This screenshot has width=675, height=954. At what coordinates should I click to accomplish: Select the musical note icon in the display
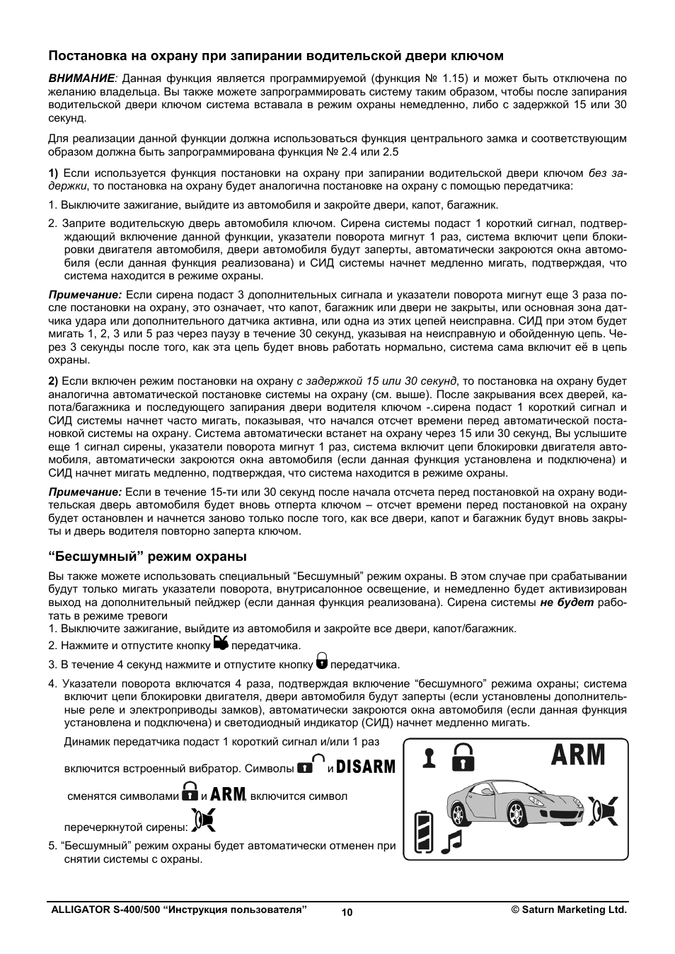pyautogui.click(x=451, y=841)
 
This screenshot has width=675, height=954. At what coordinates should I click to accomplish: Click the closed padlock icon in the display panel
pyautogui.click(x=463, y=757)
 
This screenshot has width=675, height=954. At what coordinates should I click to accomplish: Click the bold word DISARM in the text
pyautogui.click(x=366, y=767)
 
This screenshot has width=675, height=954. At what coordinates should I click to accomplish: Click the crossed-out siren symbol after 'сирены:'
pyautogui.click(x=203, y=819)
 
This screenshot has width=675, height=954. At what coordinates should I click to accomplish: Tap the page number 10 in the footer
pyautogui.click(x=347, y=912)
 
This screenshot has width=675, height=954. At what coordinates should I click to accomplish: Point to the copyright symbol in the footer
pyautogui.click(x=516, y=909)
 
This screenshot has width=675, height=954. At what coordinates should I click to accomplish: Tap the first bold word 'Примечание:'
pyautogui.click(x=85, y=294)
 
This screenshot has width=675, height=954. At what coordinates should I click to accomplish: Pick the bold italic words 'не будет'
pyautogui.click(x=567, y=603)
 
